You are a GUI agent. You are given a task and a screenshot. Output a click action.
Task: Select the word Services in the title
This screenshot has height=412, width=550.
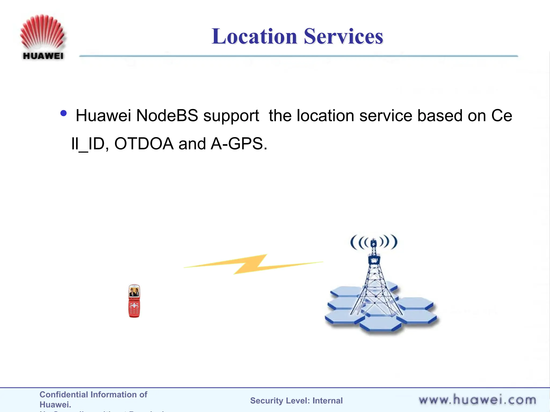click(343, 36)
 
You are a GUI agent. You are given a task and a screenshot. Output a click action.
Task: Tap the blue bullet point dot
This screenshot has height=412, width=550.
click(64, 113)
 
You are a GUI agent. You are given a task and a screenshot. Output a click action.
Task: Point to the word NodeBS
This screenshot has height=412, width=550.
click(167, 116)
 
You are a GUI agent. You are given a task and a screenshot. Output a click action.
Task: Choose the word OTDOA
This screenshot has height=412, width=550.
click(144, 144)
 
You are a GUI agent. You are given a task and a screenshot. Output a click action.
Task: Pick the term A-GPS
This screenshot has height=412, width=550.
click(238, 144)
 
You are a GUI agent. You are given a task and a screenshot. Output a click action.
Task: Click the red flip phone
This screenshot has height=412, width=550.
click(134, 301)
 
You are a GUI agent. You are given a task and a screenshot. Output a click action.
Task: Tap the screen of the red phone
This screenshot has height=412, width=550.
click(134, 292)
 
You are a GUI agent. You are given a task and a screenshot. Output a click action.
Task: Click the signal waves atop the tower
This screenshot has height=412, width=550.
click(374, 242)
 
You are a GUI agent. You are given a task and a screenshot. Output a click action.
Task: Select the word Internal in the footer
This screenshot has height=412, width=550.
click(327, 401)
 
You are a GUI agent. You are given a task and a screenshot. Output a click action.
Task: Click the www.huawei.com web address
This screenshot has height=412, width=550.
click(477, 400)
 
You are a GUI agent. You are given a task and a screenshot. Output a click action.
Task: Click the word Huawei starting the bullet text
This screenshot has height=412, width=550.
click(103, 116)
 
